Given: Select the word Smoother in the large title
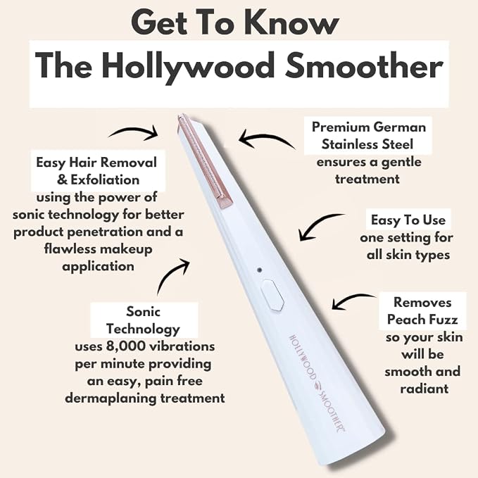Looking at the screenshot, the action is [364, 65].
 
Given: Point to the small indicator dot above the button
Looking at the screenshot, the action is [260, 270].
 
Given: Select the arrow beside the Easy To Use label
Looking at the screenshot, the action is [317, 224].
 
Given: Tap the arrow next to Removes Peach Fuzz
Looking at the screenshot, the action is [351, 300].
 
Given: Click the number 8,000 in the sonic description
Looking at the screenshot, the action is [125, 346].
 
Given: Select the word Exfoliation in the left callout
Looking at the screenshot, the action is [105, 180].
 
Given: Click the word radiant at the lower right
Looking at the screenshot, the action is [424, 389].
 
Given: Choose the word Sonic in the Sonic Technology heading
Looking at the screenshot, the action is [143, 312].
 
